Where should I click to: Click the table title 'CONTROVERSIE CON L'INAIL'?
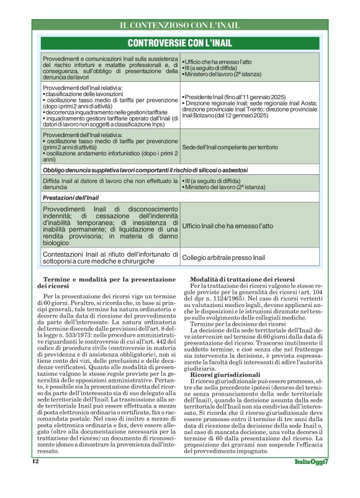coord(180,43)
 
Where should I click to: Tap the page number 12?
coord(35,479)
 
